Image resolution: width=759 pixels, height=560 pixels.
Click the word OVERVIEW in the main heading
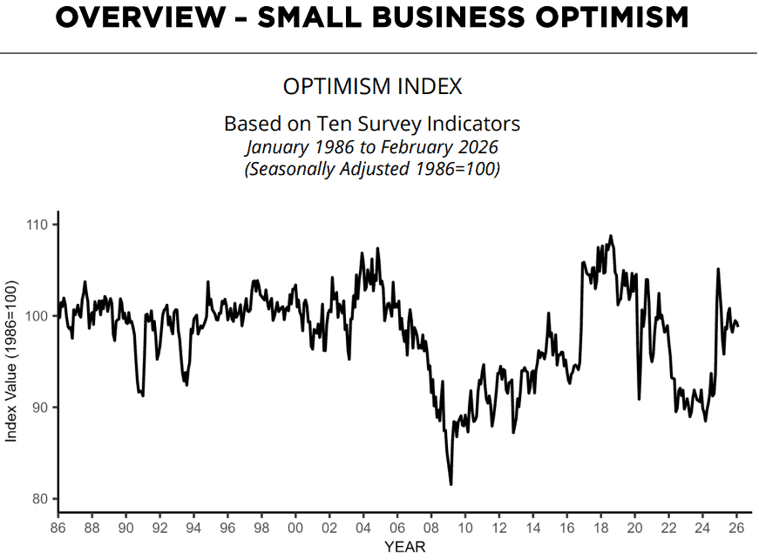pyautogui.click(x=140, y=17)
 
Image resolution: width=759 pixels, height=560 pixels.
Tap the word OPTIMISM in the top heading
pyautogui.click(x=612, y=17)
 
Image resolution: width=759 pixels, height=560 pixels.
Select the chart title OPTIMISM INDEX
pyautogui.click(x=372, y=86)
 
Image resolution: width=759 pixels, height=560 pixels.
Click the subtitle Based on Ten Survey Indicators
pyautogui.click(x=372, y=124)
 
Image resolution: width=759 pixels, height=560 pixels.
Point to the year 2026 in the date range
pyautogui.click(x=478, y=146)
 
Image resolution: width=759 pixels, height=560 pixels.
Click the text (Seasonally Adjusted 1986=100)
pyautogui.click(x=372, y=169)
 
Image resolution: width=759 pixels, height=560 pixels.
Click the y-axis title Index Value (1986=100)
pyautogui.click(x=10, y=361)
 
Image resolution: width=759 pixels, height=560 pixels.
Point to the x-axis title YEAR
pyautogui.click(x=404, y=547)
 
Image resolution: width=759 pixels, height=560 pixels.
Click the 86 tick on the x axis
pyautogui.click(x=58, y=527)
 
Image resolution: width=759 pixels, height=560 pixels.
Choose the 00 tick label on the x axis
pyautogui.click(x=295, y=527)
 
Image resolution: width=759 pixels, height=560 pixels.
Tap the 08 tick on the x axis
pyautogui.click(x=430, y=527)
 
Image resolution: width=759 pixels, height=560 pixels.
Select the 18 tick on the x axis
pyautogui.click(x=600, y=527)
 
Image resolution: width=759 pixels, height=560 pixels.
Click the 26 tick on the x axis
pyautogui.click(x=736, y=527)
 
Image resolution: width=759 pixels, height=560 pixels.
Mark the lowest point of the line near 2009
pyautogui.click(x=451, y=484)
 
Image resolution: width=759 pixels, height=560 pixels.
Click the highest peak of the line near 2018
pyautogui.click(x=610, y=236)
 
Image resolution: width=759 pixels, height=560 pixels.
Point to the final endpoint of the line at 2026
pyautogui.click(x=738, y=326)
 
